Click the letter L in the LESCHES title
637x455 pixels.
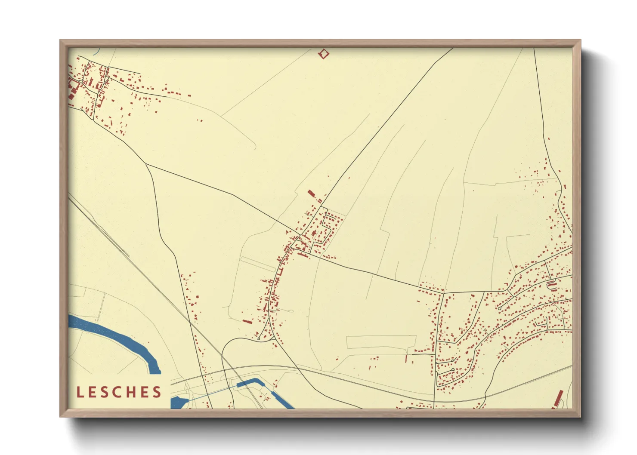point(80,392)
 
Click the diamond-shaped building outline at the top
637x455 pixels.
point(323,54)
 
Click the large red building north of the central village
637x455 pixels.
point(311,194)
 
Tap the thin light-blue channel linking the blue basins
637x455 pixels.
point(211,393)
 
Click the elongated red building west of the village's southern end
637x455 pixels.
point(247,321)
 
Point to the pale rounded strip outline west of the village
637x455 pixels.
point(258,264)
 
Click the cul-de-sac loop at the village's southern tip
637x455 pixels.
point(258,339)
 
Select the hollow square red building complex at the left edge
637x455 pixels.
point(72,88)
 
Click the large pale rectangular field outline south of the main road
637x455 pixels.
point(381,341)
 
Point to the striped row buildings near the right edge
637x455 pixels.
point(551,285)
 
